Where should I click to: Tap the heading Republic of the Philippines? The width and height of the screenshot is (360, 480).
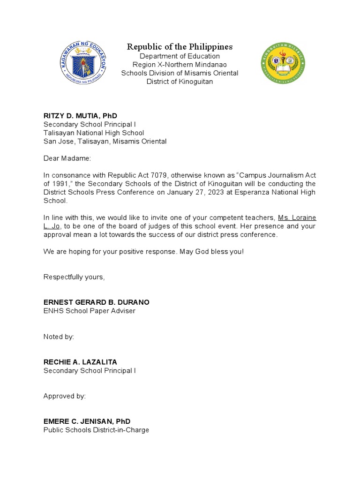pos(180,46)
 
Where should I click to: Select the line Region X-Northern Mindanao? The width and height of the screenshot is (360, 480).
pos(180,65)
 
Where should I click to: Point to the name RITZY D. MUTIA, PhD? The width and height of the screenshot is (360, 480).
pos(80,116)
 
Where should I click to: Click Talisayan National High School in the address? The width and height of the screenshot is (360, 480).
pos(94,133)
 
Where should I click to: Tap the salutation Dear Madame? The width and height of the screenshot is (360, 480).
pos(67,158)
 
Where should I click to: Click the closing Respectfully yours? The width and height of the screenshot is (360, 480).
pos(74,277)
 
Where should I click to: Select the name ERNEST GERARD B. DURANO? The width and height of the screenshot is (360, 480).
pos(97,302)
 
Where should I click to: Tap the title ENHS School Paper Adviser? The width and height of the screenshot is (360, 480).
pos(89,311)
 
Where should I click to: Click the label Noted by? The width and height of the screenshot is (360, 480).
pos(59,337)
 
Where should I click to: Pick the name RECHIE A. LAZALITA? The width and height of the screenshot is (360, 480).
pos(80,362)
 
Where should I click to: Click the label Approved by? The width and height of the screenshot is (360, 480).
pos(64,396)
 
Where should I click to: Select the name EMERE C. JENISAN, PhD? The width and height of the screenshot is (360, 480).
pos(87,421)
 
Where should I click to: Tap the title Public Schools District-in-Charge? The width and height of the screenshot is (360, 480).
pos(96,430)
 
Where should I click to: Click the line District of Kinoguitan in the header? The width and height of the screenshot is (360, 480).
pos(180,82)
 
